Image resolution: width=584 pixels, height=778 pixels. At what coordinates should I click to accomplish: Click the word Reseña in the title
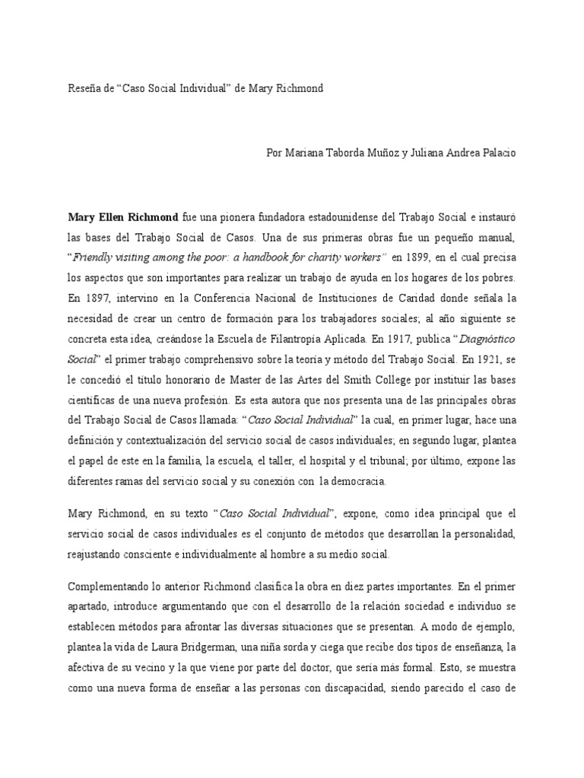[84, 89]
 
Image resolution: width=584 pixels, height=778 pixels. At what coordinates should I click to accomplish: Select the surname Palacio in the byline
[497, 153]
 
